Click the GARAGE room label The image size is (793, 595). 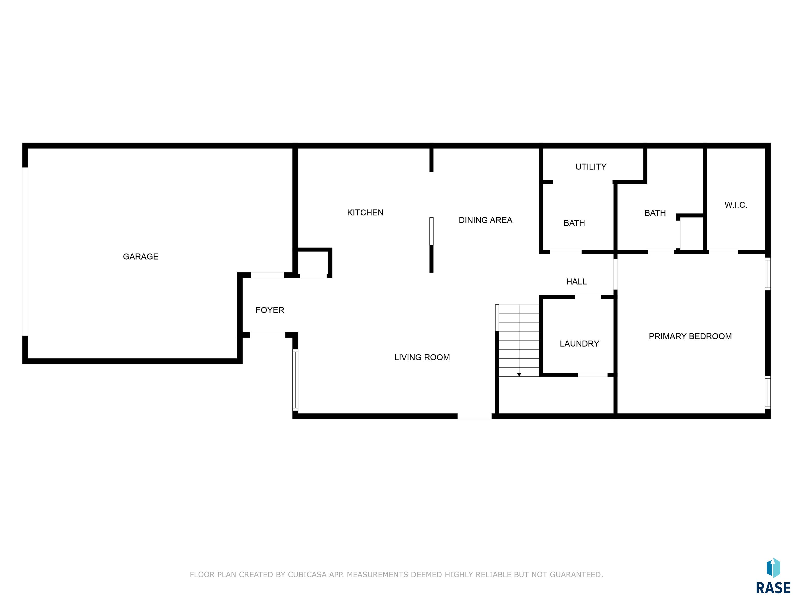(x=140, y=256)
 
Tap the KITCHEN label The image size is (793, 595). (x=365, y=213)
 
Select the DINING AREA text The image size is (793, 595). (x=485, y=220)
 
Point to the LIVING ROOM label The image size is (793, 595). (x=422, y=357)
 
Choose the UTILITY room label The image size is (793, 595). (x=591, y=167)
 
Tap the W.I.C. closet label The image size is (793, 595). (x=736, y=205)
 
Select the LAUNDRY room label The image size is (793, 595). (x=579, y=343)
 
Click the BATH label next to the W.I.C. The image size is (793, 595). (x=655, y=213)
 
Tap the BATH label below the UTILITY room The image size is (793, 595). (x=574, y=223)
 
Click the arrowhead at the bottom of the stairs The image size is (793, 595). (x=519, y=374)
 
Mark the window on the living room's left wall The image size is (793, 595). (x=295, y=380)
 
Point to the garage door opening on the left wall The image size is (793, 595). (x=25, y=252)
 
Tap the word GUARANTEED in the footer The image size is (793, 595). (x=576, y=575)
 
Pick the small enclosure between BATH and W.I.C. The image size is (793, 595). (x=691, y=233)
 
